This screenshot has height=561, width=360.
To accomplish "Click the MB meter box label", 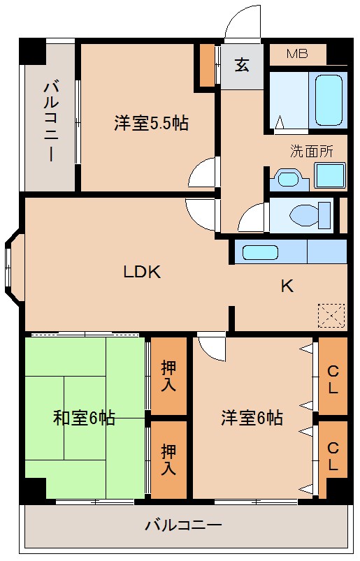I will (x=297, y=54).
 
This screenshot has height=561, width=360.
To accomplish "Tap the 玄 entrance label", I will (x=242, y=66).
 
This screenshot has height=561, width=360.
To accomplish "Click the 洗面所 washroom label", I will (x=311, y=150).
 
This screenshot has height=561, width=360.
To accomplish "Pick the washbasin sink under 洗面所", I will (x=288, y=177).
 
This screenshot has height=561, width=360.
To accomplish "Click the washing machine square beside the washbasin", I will (x=329, y=175).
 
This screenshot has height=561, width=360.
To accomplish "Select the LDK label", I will (x=143, y=272).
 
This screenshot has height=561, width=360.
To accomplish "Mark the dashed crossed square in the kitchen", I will (x=331, y=315).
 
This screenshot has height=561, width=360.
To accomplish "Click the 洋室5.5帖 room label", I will (x=151, y=124).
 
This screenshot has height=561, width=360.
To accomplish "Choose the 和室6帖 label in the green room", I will (x=85, y=418).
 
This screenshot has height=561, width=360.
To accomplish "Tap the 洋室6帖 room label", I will (x=252, y=418).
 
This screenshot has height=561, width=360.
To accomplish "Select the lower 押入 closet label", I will (x=168, y=458).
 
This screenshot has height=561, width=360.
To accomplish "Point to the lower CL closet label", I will (x=333, y=457).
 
